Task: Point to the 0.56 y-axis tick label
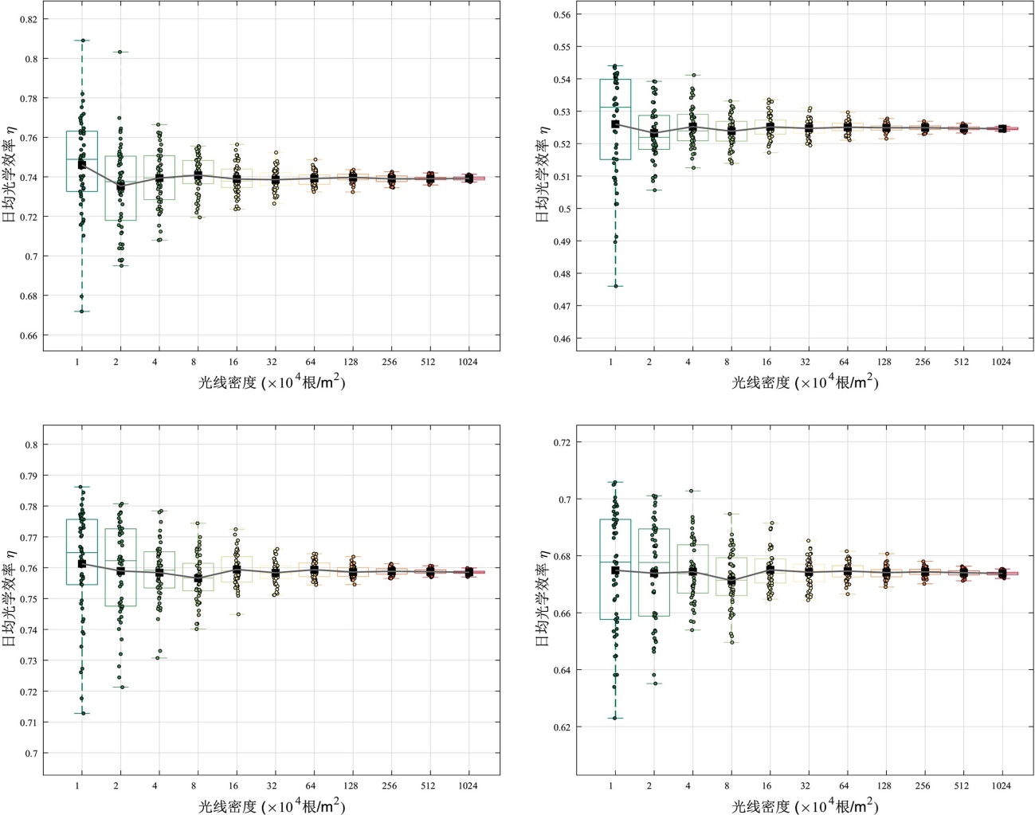point(562,14)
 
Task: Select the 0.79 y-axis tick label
point(29,476)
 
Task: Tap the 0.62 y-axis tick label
point(563,727)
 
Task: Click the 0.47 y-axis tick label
point(562,306)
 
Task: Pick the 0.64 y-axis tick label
point(563,670)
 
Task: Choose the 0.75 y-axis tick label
point(29,599)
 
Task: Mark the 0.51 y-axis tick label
point(562,176)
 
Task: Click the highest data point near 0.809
point(82,40)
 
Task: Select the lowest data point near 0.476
point(616,286)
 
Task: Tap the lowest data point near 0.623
point(615,718)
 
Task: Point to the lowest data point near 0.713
point(82,713)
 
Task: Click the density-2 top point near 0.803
point(120,52)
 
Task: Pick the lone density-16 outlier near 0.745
point(237,614)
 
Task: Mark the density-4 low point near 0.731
point(159,657)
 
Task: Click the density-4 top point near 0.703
point(692,491)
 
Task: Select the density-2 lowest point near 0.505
point(654,190)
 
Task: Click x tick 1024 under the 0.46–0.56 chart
point(1001,362)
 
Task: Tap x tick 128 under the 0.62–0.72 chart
point(884,786)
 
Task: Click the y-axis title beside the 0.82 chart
point(10,176)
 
